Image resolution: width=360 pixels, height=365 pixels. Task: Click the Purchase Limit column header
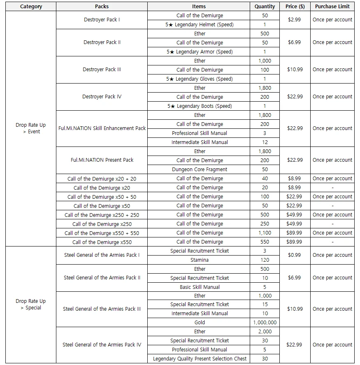(332, 7)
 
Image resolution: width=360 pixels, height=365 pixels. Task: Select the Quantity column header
(265, 7)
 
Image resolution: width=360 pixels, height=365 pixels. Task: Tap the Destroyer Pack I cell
(102, 20)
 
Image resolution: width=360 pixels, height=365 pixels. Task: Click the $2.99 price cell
(295, 20)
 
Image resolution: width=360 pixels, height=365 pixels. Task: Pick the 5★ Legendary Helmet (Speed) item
(200, 25)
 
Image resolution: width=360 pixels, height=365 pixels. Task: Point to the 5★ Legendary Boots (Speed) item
(200, 106)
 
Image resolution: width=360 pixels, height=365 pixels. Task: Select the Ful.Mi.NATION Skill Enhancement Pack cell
(102, 128)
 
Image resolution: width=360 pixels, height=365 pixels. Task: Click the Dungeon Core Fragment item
(200, 170)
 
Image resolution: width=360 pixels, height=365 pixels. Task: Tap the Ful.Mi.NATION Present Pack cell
(102, 160)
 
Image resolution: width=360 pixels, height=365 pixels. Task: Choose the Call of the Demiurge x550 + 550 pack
(102, 233)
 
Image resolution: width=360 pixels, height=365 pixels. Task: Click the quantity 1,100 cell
(265, 233)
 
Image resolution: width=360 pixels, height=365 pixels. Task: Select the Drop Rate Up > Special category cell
(31, 305)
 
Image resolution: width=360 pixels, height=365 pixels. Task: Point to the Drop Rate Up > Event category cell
(31, 128)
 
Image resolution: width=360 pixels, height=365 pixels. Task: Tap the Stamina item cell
(200, 260)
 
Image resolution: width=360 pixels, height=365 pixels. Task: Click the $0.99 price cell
(295, 255)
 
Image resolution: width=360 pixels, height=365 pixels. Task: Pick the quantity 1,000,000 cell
(265, 323)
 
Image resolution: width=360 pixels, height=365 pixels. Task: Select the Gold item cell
(200, 323)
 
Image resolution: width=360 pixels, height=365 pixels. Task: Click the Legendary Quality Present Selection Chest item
(200, 359)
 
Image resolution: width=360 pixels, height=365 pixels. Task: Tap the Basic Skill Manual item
(200, 287)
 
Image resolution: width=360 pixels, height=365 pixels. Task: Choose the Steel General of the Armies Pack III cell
(102, 309)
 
